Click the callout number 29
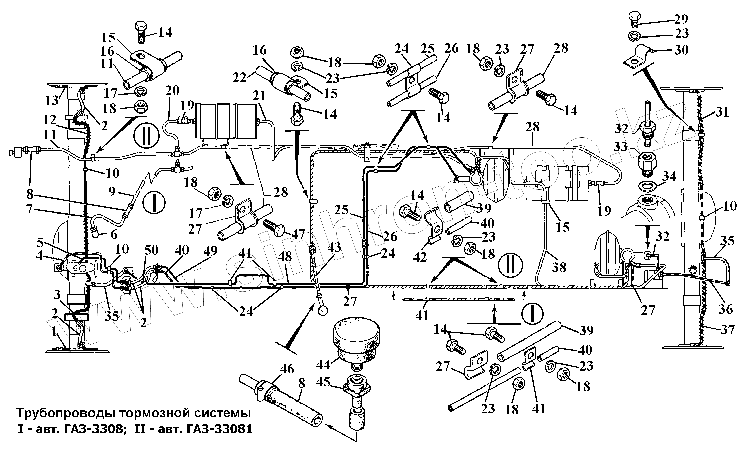tap(681, 19)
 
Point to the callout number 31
tap(722, 112)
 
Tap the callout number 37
tap(727, 330)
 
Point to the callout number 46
tap(287, 369)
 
